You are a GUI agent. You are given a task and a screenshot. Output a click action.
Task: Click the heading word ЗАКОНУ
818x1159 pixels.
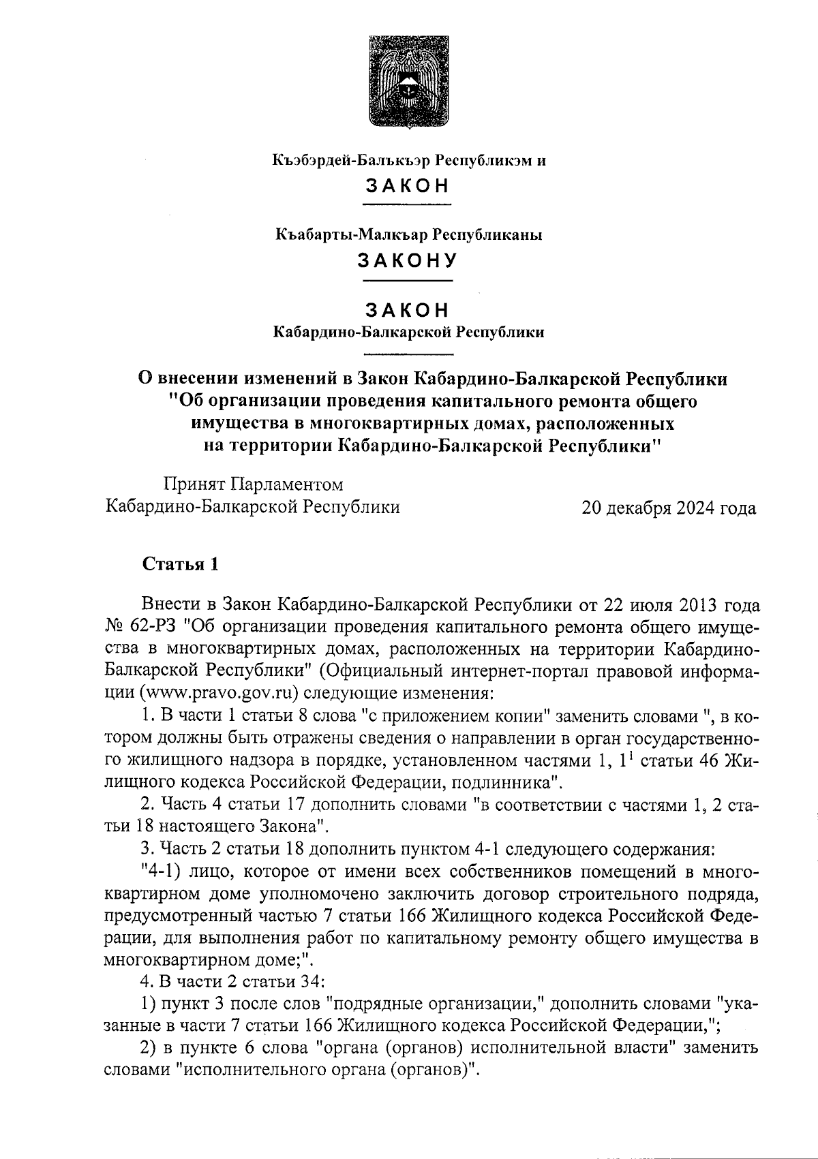click(x=408, y=260)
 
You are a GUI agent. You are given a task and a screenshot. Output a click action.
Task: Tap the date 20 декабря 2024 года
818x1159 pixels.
click(x=668, y=508)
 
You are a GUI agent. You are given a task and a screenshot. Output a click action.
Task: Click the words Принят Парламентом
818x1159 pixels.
click(x=253, y=484)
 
